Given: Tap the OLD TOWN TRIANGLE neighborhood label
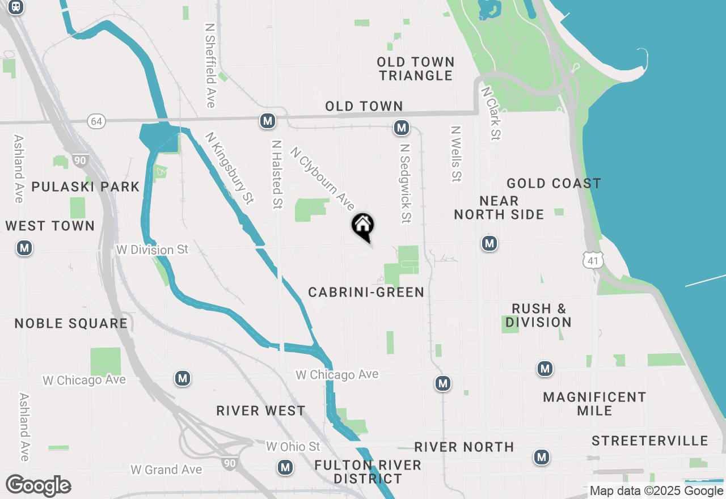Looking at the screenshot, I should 416,69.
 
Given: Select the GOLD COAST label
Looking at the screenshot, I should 554,183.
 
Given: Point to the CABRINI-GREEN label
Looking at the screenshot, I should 366,292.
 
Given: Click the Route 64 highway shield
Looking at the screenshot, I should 96,121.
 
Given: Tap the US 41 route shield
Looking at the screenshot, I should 592,260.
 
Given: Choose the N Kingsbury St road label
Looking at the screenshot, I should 229,168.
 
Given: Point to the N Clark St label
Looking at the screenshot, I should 491,113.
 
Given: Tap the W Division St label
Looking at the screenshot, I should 152,249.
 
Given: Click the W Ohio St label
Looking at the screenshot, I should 293,447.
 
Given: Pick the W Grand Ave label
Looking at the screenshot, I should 166,470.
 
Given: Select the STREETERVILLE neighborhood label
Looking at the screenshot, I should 649,441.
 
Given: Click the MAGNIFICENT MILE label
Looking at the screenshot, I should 594,404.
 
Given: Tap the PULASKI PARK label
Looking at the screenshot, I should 86,187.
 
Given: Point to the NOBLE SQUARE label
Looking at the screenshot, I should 71,323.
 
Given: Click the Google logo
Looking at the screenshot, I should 38,486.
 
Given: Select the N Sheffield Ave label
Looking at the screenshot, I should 210,65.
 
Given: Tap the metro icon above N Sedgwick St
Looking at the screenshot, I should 402,128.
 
